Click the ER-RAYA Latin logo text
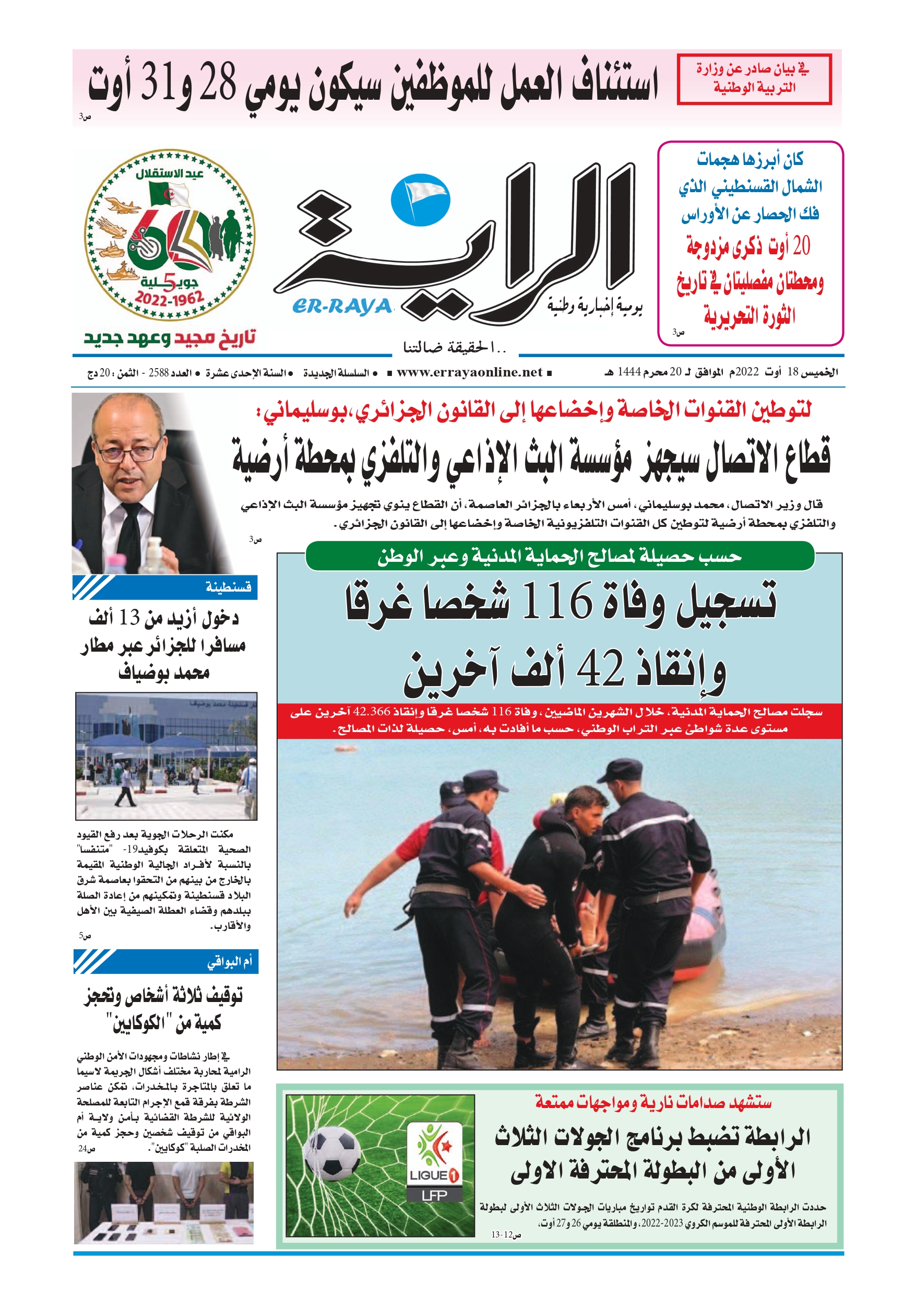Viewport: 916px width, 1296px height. pos(342,306)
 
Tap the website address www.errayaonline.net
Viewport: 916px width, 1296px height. pos(469,372)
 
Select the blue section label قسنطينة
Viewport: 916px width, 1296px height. pos(228,587)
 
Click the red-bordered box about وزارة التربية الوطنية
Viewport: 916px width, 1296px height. pos(754,79)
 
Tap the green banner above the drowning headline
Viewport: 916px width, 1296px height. pos(560,557)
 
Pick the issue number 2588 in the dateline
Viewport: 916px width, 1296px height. pos(159,372)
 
